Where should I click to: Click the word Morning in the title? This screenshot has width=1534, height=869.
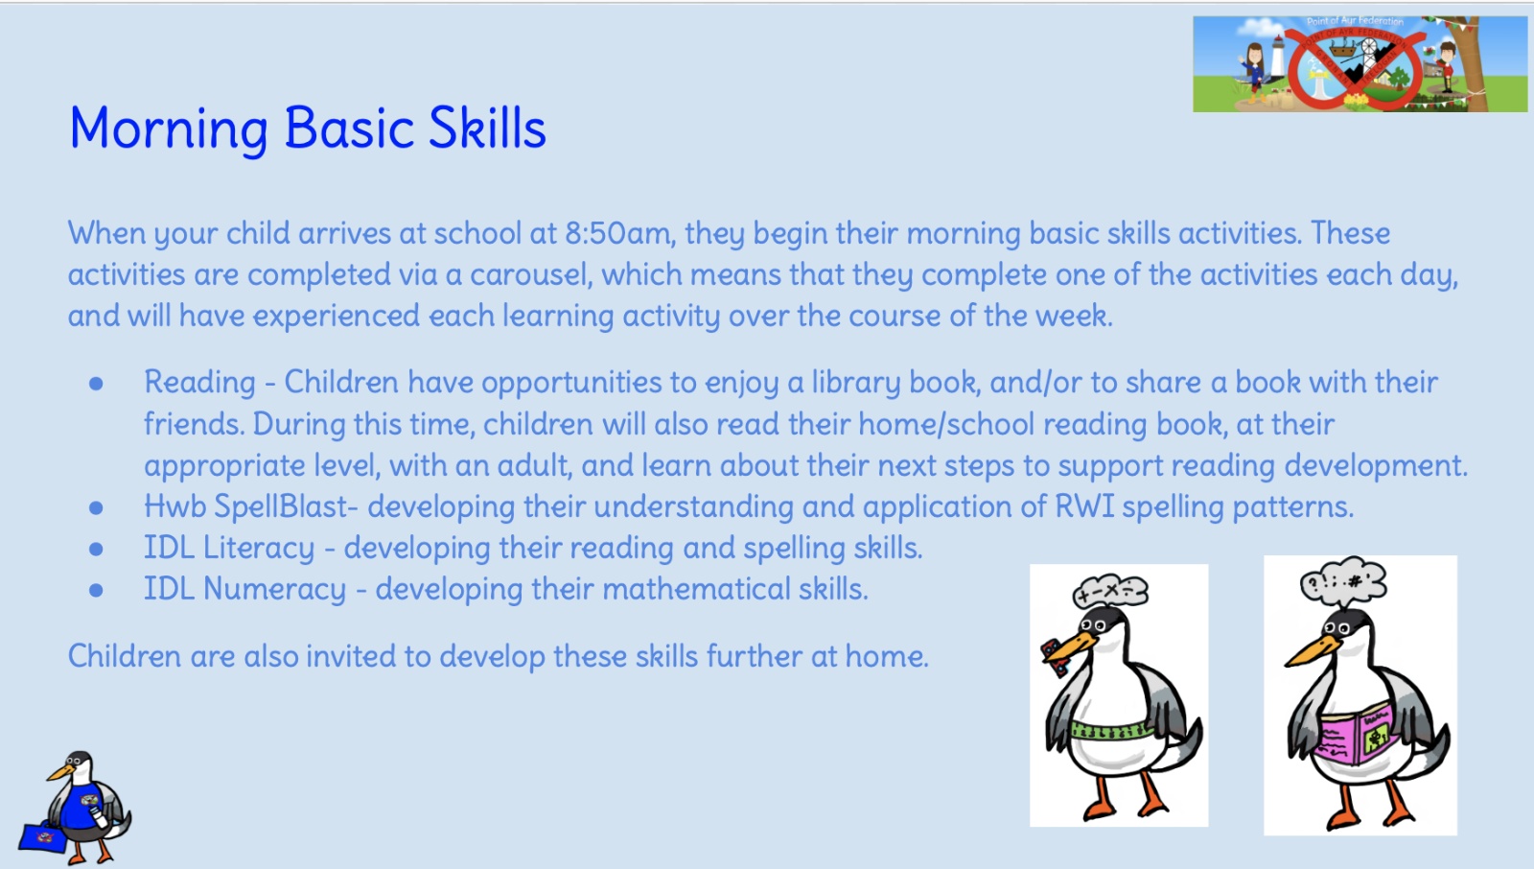169,129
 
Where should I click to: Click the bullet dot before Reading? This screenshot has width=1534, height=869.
96,384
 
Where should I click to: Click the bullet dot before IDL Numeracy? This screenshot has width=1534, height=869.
96,590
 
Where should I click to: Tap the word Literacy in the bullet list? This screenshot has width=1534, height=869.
259,549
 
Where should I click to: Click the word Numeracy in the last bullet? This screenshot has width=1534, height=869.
274,589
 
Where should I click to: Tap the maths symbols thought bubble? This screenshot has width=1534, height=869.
1110,592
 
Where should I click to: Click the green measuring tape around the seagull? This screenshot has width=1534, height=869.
1111,731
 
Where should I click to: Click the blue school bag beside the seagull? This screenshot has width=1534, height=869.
44,837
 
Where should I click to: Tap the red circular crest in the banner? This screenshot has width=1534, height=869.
1355,68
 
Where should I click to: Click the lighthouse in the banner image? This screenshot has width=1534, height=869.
1277,59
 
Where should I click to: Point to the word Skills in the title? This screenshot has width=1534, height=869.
487,129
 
